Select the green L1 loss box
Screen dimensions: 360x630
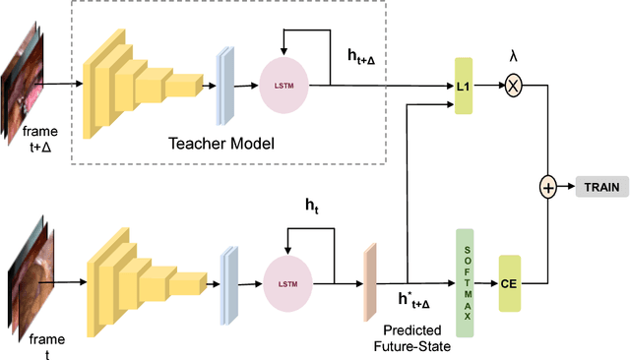click(464, 87)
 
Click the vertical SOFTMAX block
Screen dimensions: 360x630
click(464, 283)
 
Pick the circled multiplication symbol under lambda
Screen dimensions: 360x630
click(512, 87)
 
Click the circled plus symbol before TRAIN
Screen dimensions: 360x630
click(547, 186)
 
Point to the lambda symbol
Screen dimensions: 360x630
click(512, 57)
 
